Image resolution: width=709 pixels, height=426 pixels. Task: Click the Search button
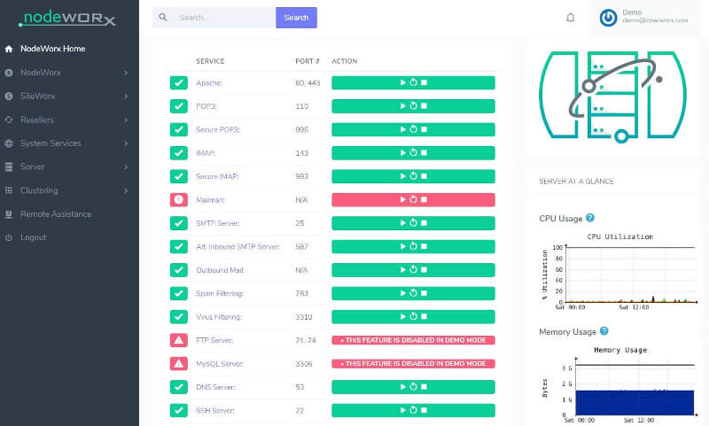coord(296,18)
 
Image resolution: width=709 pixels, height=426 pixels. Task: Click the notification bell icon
coord(571,18)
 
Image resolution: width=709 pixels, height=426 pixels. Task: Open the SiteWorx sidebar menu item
coord(37,96)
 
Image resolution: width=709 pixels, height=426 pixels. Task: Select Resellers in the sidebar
coord(36,120)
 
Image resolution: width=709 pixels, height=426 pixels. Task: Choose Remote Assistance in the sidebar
coord(55,213)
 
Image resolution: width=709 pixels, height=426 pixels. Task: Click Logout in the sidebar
coord(33,237)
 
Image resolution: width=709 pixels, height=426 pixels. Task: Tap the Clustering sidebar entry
coord(39,190)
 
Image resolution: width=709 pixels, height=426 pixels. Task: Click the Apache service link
coord(210,83)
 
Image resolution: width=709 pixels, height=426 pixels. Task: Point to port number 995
coord(302,129)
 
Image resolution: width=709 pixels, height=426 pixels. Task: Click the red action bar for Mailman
coord(413,200)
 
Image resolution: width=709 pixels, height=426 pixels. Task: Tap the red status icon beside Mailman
coord(179,200)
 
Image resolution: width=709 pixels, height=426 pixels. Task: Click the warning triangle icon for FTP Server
coord(179,340)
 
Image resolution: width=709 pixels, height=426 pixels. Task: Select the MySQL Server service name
coord(220,363)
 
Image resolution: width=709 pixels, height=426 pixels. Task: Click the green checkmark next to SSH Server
coord(179,410)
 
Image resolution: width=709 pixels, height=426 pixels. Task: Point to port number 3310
coord(304,316)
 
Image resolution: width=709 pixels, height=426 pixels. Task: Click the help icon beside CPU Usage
coord(590,218)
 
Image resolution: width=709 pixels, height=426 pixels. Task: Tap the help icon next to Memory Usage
coord(604,331)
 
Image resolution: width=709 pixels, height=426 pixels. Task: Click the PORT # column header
coord(307,61)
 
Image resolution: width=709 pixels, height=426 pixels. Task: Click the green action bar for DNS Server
coord(413,387)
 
